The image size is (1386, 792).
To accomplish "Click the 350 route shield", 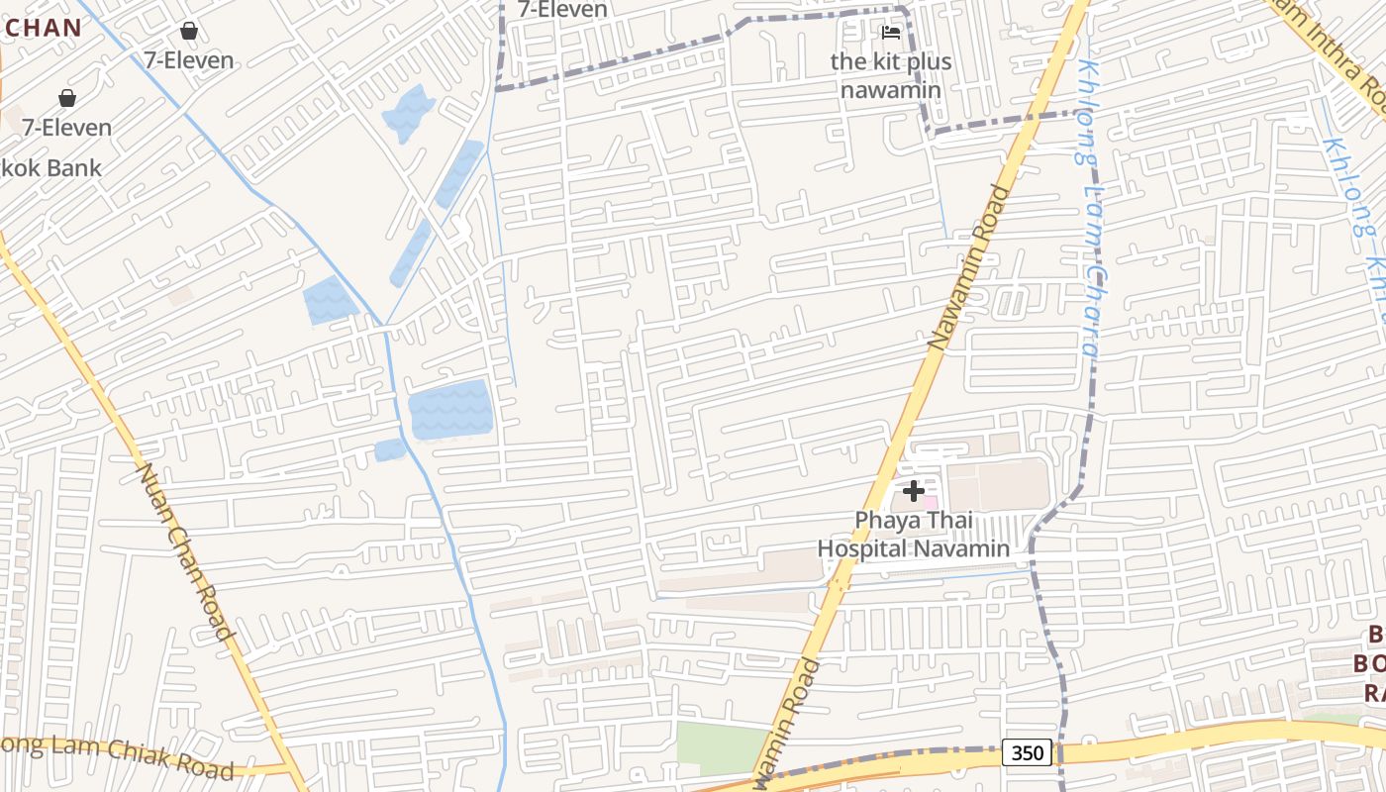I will tap(1027, 753).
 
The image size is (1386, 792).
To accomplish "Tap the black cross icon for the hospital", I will tap(914, 490).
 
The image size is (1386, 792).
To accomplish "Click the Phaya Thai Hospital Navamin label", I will tap(913, 535).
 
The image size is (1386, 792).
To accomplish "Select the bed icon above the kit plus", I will tap(891, 33).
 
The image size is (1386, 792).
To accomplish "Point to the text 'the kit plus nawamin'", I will tap(891, 75).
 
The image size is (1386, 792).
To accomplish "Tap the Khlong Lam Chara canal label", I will tap(1089, 208).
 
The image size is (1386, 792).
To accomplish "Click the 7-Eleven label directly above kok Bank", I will tap(67, 128).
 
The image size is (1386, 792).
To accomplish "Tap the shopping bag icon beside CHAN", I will tap(188, 31).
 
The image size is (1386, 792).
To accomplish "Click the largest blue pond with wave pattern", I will tap(450, 409).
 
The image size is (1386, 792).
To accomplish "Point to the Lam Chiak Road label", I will tap(119, 756).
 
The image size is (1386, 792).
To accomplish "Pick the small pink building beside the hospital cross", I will tap(930, 502).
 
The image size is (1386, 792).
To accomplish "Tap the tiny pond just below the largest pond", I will tap(390, 450).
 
